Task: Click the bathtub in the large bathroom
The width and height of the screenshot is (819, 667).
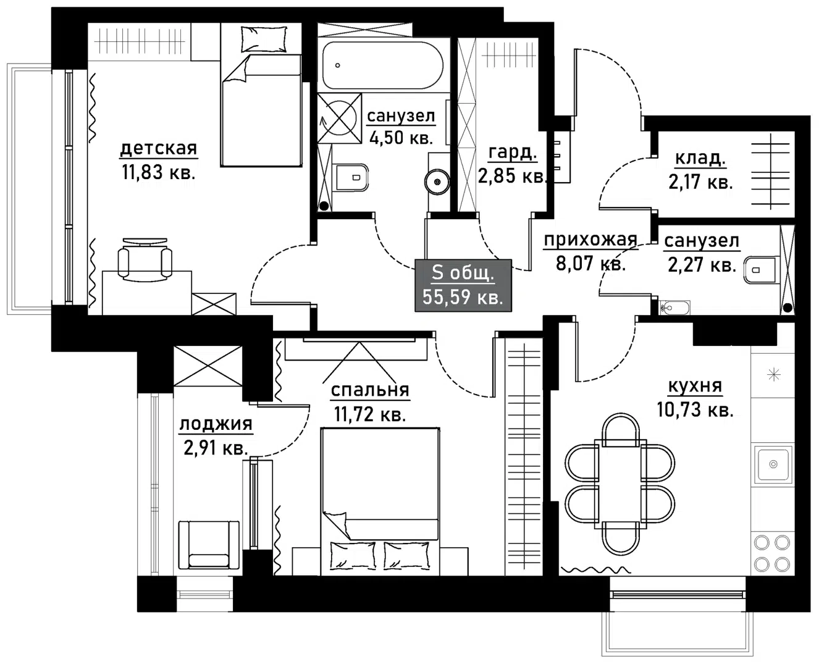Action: point(382,65)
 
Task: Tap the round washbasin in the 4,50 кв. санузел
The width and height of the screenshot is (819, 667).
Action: point(437,182)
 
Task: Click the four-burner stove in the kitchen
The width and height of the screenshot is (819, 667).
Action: point(772,553)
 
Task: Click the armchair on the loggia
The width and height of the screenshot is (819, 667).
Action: point(208,544)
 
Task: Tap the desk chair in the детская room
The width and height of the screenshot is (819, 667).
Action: point(145,259)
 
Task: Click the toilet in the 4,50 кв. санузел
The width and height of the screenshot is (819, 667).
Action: point(351,178)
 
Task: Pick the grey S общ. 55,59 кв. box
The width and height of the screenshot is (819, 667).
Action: point(463,285)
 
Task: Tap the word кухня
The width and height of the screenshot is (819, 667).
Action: point(695,386)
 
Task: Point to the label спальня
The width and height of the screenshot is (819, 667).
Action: point(369,390)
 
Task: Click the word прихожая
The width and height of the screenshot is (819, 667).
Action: point(590,240)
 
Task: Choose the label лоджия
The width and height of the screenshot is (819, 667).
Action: point(216,424)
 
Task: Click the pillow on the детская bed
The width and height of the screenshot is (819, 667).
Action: point(264,39)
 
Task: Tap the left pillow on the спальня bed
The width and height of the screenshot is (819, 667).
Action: point(353,555)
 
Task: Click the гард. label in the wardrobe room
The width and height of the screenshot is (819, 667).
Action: point(512,152)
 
